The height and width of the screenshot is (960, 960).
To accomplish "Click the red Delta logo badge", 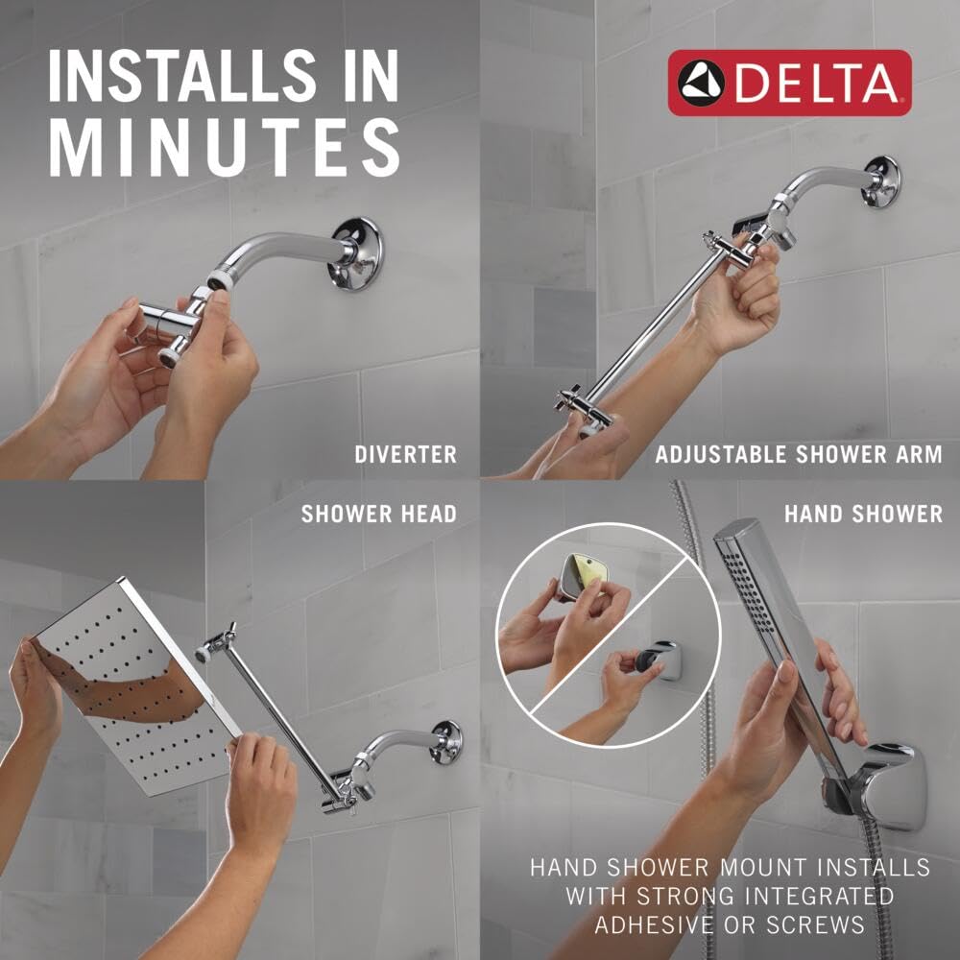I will tap(789, 83).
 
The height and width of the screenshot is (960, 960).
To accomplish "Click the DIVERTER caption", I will tap(405, 454).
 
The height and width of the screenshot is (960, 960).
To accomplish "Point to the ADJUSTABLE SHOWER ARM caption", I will tap(799, 454).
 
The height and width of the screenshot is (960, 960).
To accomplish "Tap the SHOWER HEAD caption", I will tap(378, 514).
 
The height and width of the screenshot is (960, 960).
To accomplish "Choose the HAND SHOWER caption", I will tap(863, 514).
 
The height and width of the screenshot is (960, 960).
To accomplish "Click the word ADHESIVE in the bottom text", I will tap(658, 925).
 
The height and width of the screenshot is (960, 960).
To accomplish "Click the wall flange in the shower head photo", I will tap(444, 742).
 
